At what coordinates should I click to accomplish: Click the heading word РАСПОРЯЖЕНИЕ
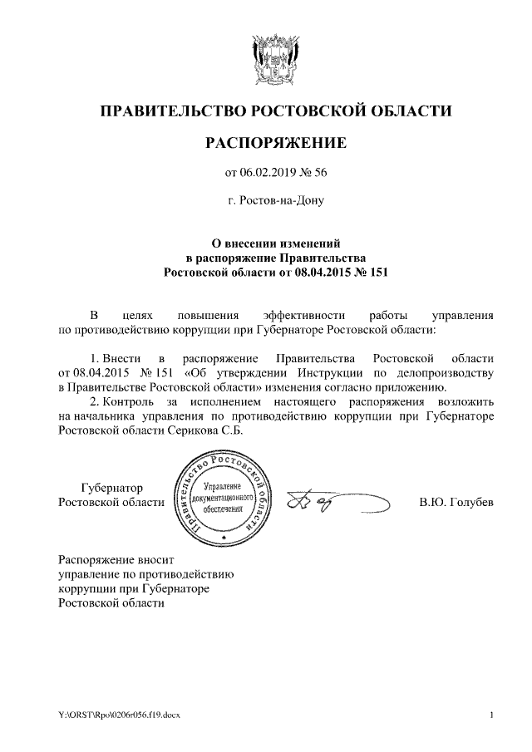pos(275,143)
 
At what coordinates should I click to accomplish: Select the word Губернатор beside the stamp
pos(111,489)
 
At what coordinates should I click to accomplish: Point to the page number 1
pos(492,715)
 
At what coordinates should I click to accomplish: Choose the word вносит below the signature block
pos(155,559)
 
